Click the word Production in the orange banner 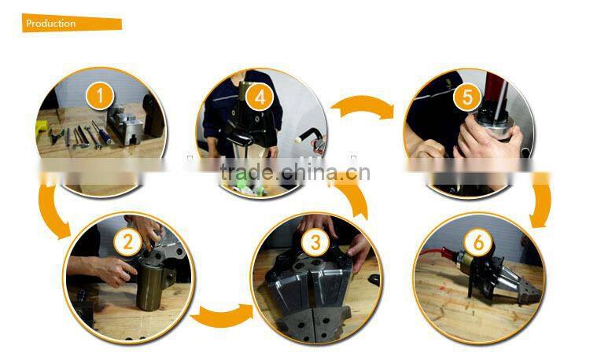coord(51,24)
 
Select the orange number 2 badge coord(128,241)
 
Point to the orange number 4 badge coord(259,97)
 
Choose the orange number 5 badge coord(467,97)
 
